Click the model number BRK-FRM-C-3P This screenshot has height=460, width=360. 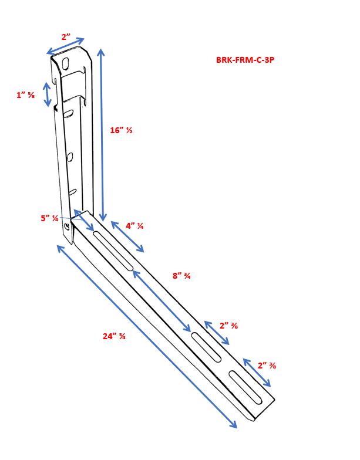[x=245, y=60]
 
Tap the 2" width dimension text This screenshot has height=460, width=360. [x=66, y=37]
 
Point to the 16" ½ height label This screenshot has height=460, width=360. [x=121, y=130]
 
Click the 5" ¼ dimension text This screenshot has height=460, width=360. [x=49, y=218]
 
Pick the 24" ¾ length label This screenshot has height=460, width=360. [x=114, y=336]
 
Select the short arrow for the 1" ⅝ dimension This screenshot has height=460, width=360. [x=48, y=94]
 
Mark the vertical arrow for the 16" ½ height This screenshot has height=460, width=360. [x=102, y=135]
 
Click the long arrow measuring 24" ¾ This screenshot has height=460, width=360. [x=147, y=337]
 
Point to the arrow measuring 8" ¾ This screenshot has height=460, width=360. [x=162, y=301]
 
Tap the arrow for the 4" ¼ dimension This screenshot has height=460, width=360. [x=127, y=237]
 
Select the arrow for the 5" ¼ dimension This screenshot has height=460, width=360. [x=83, y=221]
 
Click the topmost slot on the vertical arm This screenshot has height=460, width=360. [x=67, y=63]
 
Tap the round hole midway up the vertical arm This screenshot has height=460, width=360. [x=70, y=157]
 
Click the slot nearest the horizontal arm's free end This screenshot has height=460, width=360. [x=245, y=388]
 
